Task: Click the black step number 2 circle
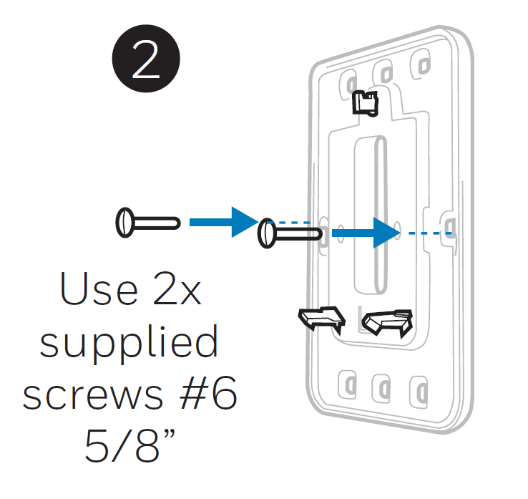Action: point(146,59)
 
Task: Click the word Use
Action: point(99,289)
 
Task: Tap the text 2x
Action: point(177,289)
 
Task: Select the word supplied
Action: point(129,343)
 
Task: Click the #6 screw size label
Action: point(208,392)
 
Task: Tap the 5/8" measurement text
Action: point(130,445)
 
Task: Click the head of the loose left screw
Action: point(125,223)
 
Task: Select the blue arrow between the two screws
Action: point(224,223)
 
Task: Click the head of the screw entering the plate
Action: point(267,233)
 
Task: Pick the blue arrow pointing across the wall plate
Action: point(366,233)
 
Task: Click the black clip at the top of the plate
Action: point(365,103)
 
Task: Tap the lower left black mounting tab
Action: point(322,319)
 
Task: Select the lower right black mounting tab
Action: point(388,322)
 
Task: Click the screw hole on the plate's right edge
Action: point(450,226)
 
